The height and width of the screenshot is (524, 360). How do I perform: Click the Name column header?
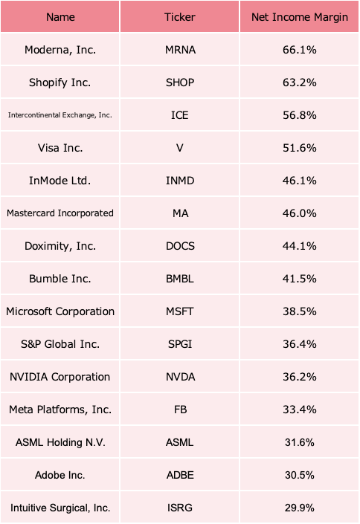point(60,17)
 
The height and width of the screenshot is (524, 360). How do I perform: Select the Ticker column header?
point(180,17)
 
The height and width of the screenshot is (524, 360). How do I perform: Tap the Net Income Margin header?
point(300,17)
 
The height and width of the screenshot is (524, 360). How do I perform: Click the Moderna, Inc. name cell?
point(60,50)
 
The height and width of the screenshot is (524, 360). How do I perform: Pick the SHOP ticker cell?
point(180,83)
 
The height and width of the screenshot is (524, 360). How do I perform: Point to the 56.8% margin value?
point(300,115)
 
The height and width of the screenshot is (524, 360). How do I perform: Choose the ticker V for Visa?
point(180,148)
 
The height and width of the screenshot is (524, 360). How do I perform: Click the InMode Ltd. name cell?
point(60,181)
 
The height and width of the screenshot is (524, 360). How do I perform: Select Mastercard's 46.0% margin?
point(300,213)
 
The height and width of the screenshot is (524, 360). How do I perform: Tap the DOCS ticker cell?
point(180,246)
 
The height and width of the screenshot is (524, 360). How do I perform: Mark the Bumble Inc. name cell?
point(60,279)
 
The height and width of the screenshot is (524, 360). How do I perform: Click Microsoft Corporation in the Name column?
point(60,311)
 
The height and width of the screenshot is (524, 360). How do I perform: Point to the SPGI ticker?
point(180,344)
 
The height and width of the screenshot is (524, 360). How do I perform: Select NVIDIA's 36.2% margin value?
point(300,377)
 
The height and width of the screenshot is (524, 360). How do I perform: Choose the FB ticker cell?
point(180,410)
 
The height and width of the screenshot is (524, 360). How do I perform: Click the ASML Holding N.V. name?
point(60,442)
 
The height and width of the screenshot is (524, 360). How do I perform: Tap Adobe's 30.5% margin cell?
point(300,475)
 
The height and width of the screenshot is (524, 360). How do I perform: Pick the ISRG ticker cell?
point(180,508)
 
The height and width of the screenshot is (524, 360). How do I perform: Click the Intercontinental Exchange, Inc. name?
point(60,115)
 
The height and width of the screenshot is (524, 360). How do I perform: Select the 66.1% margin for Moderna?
point(300,50)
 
